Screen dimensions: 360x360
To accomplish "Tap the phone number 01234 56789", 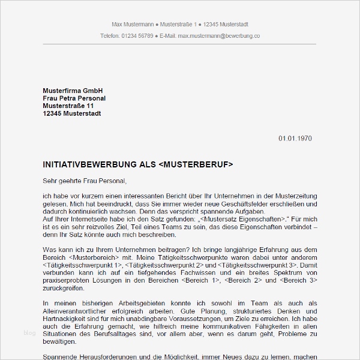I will coord(137,36).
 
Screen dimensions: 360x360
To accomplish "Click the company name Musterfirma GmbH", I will coord(73,90).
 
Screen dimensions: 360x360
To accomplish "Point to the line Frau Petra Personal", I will coord(74,98).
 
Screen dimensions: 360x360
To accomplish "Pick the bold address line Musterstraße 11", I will coord(69,106).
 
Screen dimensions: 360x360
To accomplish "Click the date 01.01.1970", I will coord(295,139).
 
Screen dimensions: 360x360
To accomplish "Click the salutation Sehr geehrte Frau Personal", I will coord(85,179).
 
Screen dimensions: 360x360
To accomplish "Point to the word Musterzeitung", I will coord(293,196).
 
